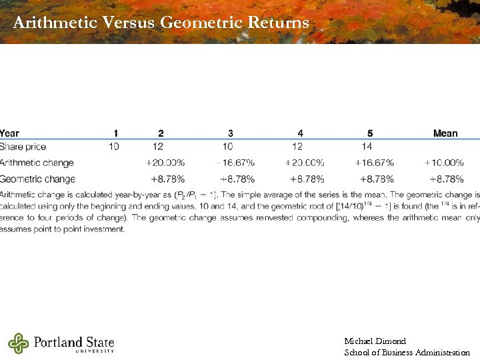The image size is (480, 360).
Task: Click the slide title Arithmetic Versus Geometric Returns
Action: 161,23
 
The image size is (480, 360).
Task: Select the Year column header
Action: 10,133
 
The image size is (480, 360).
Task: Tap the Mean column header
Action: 445,133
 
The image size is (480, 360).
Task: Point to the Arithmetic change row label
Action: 37,163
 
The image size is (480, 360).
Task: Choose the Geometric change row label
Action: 38,179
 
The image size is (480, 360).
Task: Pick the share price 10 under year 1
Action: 115,147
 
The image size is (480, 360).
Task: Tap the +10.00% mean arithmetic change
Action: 444,163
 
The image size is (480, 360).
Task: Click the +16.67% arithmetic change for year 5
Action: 374,163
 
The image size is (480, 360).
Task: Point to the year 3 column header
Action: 231,133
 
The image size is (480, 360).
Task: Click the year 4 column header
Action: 301,133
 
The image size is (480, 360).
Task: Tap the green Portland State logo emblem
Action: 19,343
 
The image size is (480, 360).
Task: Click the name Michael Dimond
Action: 375,341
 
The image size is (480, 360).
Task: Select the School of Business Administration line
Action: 407,353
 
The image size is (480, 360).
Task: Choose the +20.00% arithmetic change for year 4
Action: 304,163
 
